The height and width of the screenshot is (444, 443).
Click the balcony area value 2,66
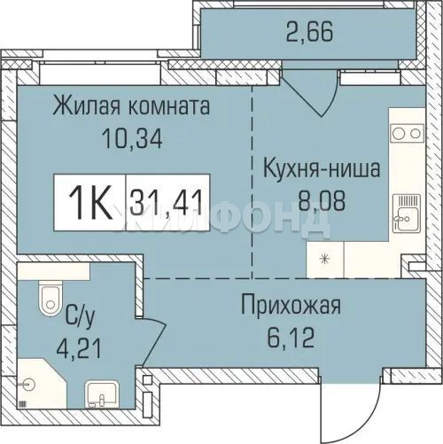pos(309,31)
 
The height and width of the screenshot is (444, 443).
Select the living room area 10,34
pos(132,139)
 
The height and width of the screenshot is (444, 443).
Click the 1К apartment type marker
pos(90,202)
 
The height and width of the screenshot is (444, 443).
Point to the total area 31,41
pos(166,203)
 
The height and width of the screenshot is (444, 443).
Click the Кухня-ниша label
pos(322,168)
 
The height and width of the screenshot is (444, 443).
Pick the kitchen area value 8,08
pos(322,201)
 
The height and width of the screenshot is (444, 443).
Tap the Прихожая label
pos(291,307)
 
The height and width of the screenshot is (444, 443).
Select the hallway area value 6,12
pos(291,339)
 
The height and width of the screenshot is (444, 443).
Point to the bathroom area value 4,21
pos(79,348)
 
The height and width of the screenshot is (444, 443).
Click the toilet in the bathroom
pos(51,298)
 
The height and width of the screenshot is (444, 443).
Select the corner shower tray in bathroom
pos(42,384)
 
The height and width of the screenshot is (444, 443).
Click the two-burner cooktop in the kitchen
pos(407,134)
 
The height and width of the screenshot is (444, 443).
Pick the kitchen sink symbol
pos(407,214)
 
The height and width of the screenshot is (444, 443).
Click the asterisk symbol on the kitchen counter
pos(325,259)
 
